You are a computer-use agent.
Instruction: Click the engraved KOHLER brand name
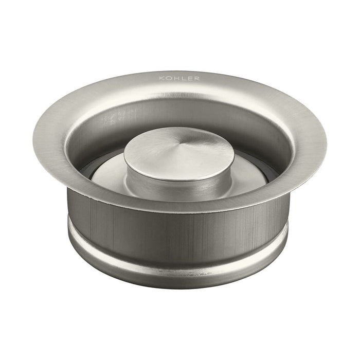[x=179, y=78]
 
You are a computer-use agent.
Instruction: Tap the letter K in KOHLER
[x=161, y=78]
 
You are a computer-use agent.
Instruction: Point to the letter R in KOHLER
[x=197, y=78]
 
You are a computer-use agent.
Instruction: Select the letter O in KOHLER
[x=168, y=78]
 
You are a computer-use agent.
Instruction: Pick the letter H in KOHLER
[x=175, y=78]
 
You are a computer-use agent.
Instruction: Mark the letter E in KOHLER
[x=190, y=78]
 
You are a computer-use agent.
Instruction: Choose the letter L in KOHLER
[x=183, y=78]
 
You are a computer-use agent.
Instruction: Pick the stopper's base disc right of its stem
[x=252, y=175]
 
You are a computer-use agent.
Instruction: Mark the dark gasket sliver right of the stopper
[x=268, y=170]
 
